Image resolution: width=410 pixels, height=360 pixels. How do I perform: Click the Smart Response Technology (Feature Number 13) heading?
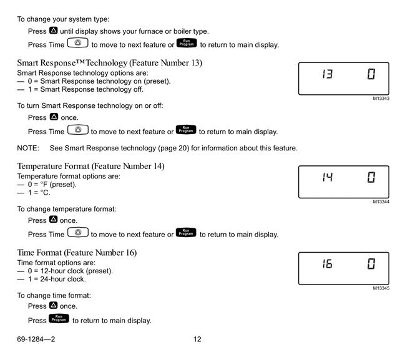point(110,63)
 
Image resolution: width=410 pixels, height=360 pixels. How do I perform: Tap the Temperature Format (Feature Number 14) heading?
point(90,167)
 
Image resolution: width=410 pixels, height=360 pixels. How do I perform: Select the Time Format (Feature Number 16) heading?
point(77,253)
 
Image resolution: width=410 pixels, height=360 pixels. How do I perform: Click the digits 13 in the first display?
point(327,74)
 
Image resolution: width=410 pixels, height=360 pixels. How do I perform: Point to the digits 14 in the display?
point(327,177)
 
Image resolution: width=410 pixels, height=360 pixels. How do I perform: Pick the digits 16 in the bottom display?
point(327,263)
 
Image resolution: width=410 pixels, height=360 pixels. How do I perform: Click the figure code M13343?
point(381,99)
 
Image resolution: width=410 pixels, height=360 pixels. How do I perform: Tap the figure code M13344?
point(381,202)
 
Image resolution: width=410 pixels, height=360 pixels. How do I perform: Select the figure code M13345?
point(381,288)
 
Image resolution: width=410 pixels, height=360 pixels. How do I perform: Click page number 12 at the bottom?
point(197,339)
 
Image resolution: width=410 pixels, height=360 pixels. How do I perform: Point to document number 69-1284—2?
point(36,339)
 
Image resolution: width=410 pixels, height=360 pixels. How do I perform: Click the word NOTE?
point(28,148)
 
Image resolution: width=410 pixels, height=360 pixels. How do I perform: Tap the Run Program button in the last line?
point(59,319)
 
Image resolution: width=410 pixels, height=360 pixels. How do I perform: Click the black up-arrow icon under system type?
point(53,31)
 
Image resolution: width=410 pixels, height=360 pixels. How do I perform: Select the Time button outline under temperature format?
point(78,233)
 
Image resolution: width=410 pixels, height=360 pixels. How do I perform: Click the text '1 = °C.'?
point(39,193)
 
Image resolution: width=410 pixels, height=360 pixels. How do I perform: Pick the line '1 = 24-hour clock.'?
point(57,280)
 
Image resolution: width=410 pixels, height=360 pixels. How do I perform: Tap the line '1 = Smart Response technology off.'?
point(85,89)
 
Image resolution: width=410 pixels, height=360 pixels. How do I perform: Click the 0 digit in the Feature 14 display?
point(371,177)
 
